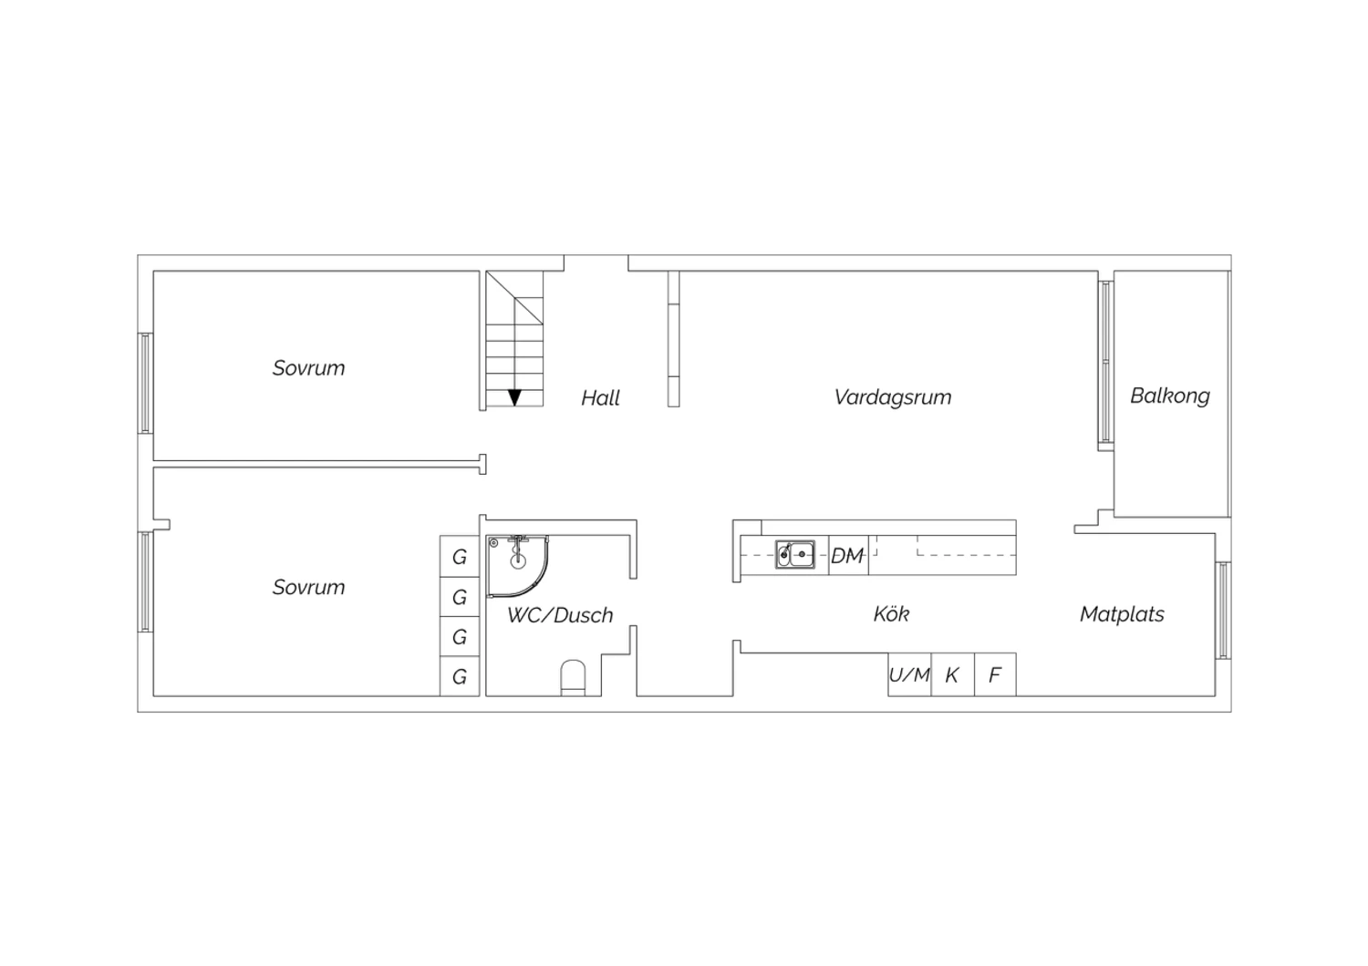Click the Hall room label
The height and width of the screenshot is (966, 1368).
[x=600, y=398]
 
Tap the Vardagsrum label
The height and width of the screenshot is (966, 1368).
[x=893, y=397]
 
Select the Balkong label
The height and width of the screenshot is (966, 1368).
[x=1169, y=396]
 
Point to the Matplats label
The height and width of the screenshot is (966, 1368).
[x=1122, y=614]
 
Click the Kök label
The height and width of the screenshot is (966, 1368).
[x=891, y=614]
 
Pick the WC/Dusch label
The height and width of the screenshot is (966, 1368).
[x=560, y=615]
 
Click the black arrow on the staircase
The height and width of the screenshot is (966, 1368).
[x=515, y=397]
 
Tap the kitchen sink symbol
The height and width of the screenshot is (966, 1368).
[x=794, y=555]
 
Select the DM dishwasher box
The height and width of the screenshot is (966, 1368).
[x=848, y=555]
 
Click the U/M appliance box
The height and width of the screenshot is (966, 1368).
[x=909, y=674]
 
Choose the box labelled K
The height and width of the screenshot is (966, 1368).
[x=953, y=674]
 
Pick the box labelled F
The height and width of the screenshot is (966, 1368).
[x=996, y=674]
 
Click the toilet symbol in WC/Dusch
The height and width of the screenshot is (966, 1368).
[x=573, y=677]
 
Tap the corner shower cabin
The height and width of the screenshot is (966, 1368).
[x=517, y=566]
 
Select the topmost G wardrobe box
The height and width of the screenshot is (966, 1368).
[x=460, y=556]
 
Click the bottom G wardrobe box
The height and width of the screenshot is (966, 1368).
[x=460, y=676]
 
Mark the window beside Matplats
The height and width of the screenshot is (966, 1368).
[x=1223, y=611]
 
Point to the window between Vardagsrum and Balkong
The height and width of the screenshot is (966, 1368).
[x=1106, y=362]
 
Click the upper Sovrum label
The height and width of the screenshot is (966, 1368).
[x=308, y=368]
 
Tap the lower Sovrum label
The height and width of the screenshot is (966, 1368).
[x=308, y=587]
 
